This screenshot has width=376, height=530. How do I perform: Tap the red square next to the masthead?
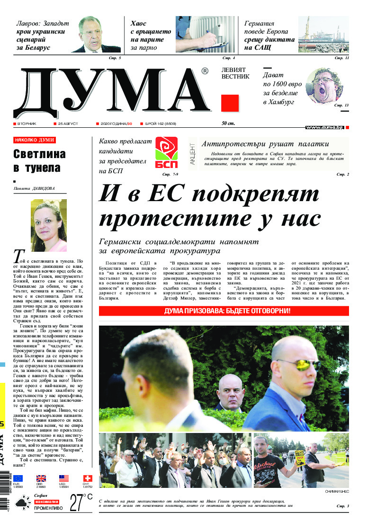pyautogui.click(x=230, y=103)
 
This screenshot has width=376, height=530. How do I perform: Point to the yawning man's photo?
pyautogui.click(x=325, y=85)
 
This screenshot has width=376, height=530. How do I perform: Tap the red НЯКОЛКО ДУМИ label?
pyautogui.click(x=35, y=140)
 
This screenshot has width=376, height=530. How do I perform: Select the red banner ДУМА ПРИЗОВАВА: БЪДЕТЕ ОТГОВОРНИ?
pyautogui.click(x=224, y=311)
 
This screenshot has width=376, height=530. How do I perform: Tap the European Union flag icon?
pyautogui.click(x=18, y=478)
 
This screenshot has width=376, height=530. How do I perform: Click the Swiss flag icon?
pyautogui.click(x=87, y=478)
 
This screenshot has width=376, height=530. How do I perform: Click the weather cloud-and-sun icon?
pyautogui.click(x=23, y=503)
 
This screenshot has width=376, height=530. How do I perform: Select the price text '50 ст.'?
pyautogui.click(x=228, y=124)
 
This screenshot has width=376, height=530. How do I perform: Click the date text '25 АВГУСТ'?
pyautogui.click(x=68, y=124)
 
